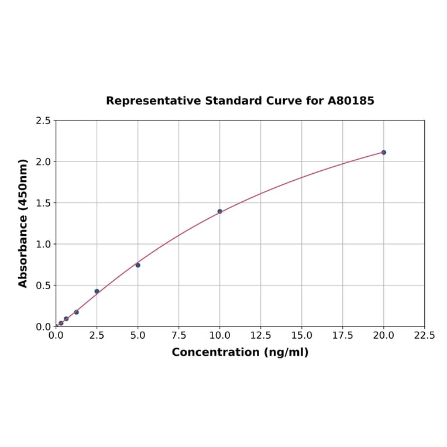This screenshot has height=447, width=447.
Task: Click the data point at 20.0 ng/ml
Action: pos(383,152)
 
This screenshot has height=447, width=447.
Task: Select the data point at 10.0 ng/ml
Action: pos(220,211)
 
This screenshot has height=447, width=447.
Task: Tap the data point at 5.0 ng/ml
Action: pos(138,265)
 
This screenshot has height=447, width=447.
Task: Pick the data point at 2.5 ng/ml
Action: pos(97,291)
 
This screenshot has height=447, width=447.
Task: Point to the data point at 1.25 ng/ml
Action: pos(77,312)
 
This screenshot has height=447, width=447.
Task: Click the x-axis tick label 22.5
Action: pos(424,336)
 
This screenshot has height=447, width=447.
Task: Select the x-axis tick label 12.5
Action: pos(260,336)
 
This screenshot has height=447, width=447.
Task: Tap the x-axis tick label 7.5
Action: pos(178,336)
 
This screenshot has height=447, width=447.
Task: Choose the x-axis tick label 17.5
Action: pos(342,336)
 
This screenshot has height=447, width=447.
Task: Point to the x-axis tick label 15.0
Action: pos(301,336)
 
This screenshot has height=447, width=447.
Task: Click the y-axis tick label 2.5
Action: pos(43,121)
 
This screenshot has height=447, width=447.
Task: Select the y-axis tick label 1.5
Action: pos(43,203)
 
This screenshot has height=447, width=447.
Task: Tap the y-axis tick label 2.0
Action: pos(43,161)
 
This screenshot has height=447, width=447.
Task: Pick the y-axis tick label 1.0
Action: pos(43,244)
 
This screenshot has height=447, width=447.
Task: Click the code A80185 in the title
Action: pos(350,101)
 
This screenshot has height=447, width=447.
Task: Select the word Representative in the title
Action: pos(153,101)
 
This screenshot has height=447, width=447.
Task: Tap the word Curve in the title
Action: pos(284,101)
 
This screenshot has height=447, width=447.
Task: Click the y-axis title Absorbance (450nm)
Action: pos(23,223)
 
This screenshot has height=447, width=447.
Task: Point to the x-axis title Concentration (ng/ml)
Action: pos(240,352)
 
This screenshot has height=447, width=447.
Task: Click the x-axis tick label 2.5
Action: pos(97,336)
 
